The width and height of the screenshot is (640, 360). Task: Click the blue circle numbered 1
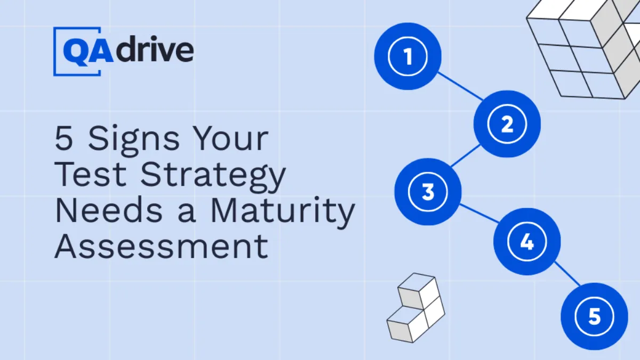(x=408, y=56)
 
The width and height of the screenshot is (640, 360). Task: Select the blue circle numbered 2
(x=507, y=124)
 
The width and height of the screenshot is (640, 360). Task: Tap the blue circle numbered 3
(x=428, y=192)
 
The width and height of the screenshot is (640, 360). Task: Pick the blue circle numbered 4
(x=527, y=242)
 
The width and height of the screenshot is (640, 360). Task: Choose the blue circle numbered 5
(x=594, y=316)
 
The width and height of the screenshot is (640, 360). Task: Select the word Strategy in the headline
(x=213, y=175)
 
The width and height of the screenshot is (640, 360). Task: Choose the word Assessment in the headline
(x=161, y=246)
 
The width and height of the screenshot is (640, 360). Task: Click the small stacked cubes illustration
(x=415, y=308)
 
